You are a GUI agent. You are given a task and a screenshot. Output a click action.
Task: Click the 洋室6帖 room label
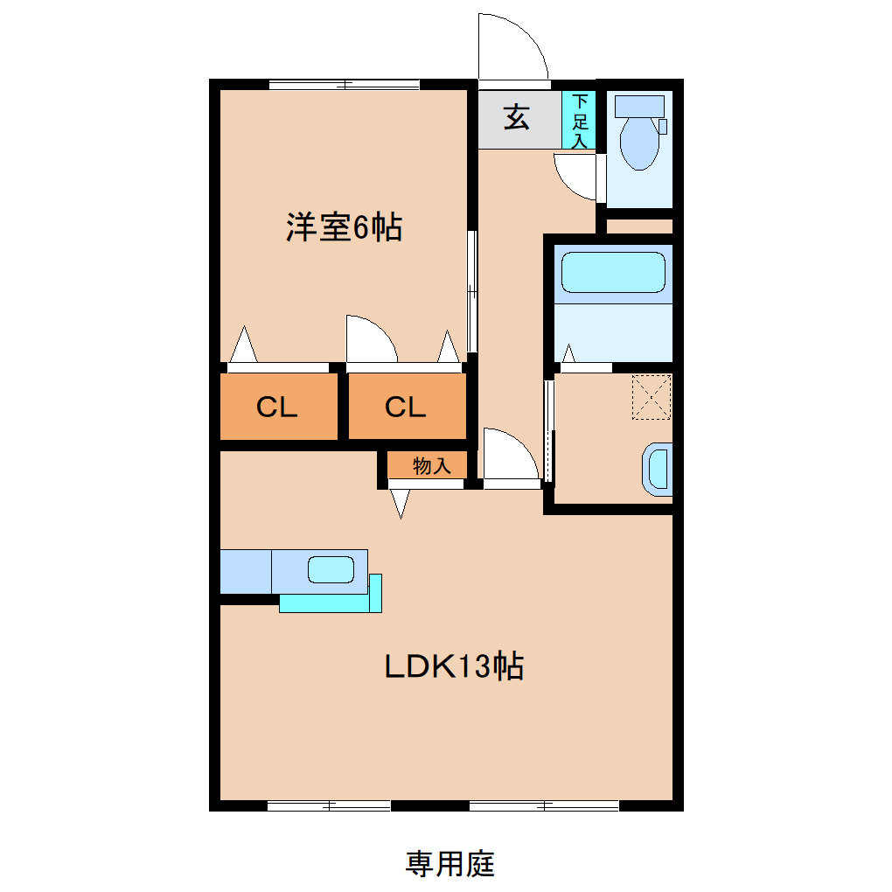pyautogui.click(x=343, y=228)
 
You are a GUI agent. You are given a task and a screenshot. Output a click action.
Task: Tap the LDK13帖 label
pyautogui.click(x=454, y=667)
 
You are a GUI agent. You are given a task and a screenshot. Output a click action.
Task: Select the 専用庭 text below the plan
pyautogui.click(x=449, y=864)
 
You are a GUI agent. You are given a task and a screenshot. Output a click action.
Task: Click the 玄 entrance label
pyautogui.click(x=517, y=117)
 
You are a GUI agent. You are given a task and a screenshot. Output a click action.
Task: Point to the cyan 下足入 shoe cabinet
pyautogui.click(x=579, y=120)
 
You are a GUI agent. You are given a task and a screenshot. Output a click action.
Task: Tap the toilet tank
pyautogui.click(x=639, y=106)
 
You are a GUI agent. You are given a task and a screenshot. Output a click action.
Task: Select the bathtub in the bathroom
pyautogui.click(x=613, y=273)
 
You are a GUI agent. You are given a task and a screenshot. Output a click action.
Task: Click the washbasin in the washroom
pyautogui.click(x=658, y=469)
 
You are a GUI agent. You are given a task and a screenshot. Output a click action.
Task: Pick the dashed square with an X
pyautogui.click(x=651, y=396)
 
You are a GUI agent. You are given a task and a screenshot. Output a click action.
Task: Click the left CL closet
pyautogui.click(x=277, y=407)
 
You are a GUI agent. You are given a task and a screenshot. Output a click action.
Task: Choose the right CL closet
pyautogui.click(x=406, y=407)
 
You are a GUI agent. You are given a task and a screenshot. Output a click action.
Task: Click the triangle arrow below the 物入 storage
pyautogui.click(x=401, y=503)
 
